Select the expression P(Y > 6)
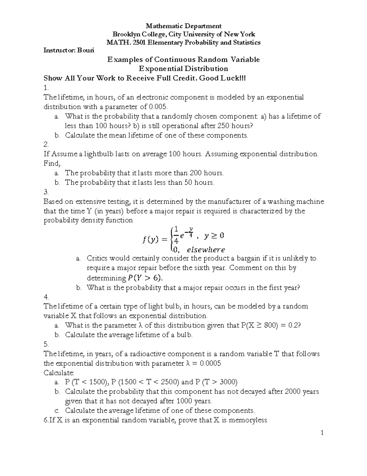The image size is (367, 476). pyautogui.click(x=145, y=278)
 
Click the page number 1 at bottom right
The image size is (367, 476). pyautogui.click(x=322, y=432)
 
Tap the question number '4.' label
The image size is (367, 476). pyautogui.click(x=46, y=297)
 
